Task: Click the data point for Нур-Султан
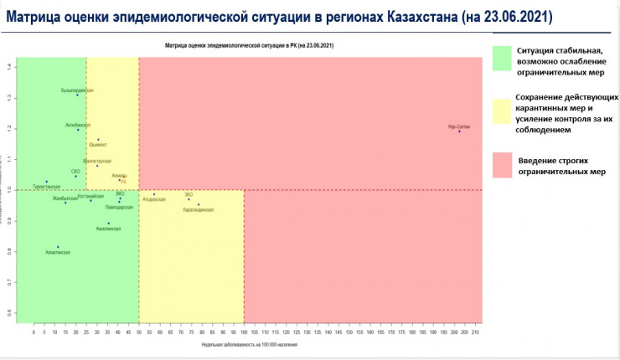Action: click(x=459, y=131)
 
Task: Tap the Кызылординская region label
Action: click(x=77, y=90)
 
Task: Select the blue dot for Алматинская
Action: click(x=58, y=246)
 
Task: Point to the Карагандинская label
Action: click(x=198, y=209)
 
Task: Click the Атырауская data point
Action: click(x=154, y=194)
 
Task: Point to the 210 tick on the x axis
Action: click(x=476, y=332)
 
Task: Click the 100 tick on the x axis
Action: click(x=244, y=332)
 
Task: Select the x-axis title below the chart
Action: click(x=249, y=344)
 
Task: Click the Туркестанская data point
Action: click(x=47, y=181)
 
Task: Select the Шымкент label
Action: click(x=98, y=145)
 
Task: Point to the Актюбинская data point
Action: click(x=78, y=130)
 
